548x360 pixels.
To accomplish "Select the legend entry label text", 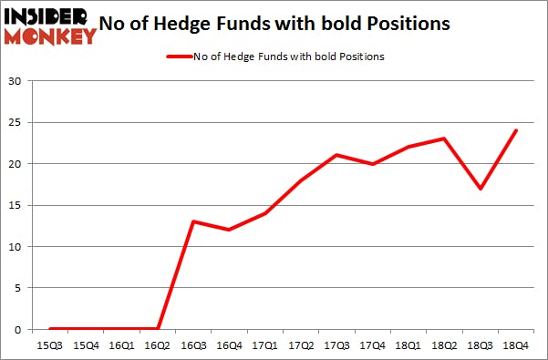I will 288,57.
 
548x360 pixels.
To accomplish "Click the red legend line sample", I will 178,57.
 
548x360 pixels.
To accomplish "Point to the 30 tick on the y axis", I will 16,81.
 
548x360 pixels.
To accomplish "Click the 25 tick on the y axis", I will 16,123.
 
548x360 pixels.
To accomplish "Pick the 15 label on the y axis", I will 16,205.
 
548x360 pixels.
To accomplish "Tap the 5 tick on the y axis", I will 19,288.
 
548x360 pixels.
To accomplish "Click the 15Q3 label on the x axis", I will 50,344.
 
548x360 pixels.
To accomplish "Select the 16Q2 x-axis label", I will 157,344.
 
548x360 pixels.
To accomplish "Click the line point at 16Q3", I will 192,221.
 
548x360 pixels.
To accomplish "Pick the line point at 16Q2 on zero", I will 157,329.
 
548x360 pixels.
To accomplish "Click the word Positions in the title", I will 409,25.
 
